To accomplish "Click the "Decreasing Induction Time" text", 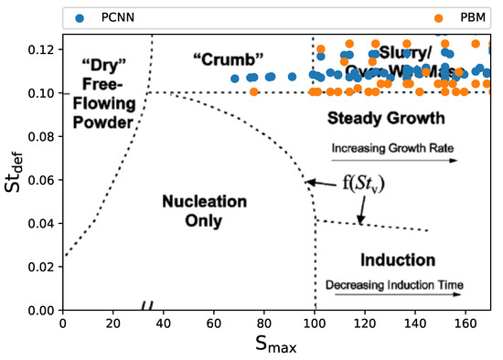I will click(395, 285).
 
